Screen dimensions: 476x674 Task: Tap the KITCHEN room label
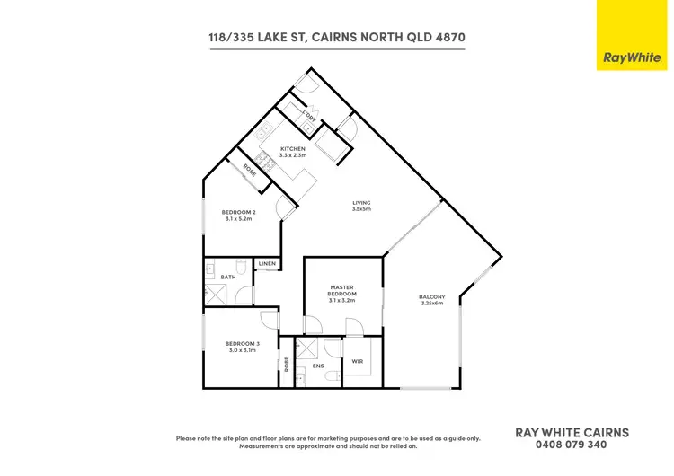point(293,148)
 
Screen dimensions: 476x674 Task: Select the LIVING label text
point(361,203)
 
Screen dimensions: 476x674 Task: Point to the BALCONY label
point(432,297)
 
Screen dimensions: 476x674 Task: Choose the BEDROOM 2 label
point(239,212)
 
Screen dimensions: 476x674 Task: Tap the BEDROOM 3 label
point(241,344)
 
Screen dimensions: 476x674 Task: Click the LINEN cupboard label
point(268,264)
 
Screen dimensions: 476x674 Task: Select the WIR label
point(357,361)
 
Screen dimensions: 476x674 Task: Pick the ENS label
point(317,366)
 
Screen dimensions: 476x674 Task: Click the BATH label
point(227,278)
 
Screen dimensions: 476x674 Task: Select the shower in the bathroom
point(216,293)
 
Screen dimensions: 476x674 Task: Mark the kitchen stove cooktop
point(268,163)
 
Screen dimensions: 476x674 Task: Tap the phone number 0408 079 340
point(572,444)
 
